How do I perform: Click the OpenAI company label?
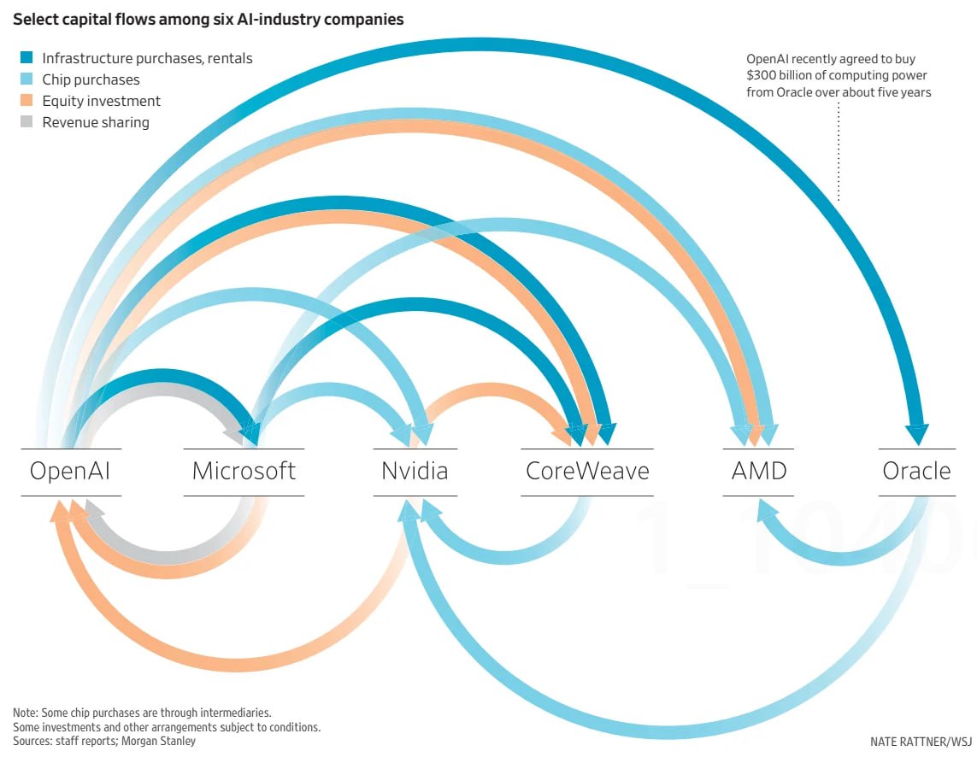[x=70, y=472]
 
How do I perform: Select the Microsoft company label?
[x=244, y=472]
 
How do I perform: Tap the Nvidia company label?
[x=415, y=472]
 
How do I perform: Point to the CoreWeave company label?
[x=587, y=472]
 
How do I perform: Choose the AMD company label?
[x=759, y=472]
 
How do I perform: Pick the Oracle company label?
[x=916, y=472]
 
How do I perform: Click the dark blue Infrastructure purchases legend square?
[x=26, y=58]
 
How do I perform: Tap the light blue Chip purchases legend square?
[x=26, y=79]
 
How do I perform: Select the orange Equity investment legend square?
[x=26, y=101]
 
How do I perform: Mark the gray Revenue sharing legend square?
[x=26, y=122]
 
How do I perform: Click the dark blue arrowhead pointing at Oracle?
[x=916, y=434]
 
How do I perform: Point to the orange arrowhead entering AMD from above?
[x=754, y=436]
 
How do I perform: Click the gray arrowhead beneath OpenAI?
[x=93, y=512]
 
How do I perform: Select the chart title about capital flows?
[x=208, y=19]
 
